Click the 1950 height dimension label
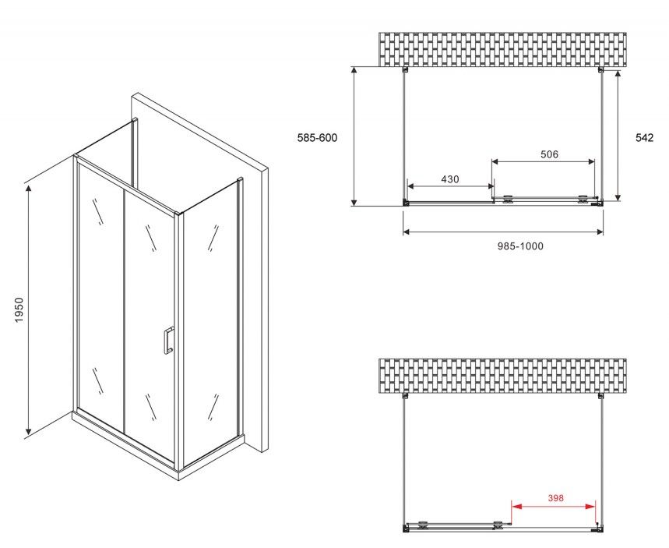[x=19, y=309]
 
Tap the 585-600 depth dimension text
[x=317, y=137]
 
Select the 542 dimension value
[x=644, y=137]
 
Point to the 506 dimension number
[x=549, y=154]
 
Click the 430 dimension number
[x=450, y=179]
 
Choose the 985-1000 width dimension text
[x=520, y=246]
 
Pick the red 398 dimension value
[x=556, y=497]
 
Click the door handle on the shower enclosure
[x=168, y=341]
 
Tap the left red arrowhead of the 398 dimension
[x=516, y=507]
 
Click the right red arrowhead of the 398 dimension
[x=591, y=507]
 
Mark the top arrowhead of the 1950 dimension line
[x=29, y=189]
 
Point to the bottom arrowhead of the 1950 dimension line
[x=28, y=430]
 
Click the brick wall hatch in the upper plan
[x=502, y=50]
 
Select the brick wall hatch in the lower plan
[x=502, y=376]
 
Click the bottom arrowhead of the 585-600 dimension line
[x=354, y=201]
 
